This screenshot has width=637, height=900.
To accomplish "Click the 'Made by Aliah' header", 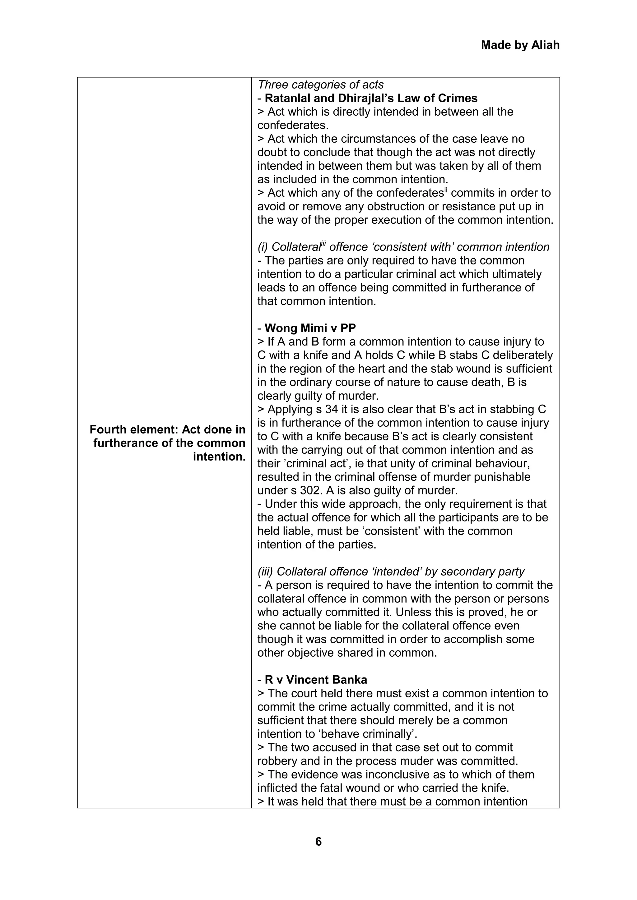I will point(520,45).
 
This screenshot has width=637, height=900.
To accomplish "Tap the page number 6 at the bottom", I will point(318,841).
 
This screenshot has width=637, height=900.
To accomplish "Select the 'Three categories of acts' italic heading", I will point(320,84).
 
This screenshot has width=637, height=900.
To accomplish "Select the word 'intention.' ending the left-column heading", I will point(219,457).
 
